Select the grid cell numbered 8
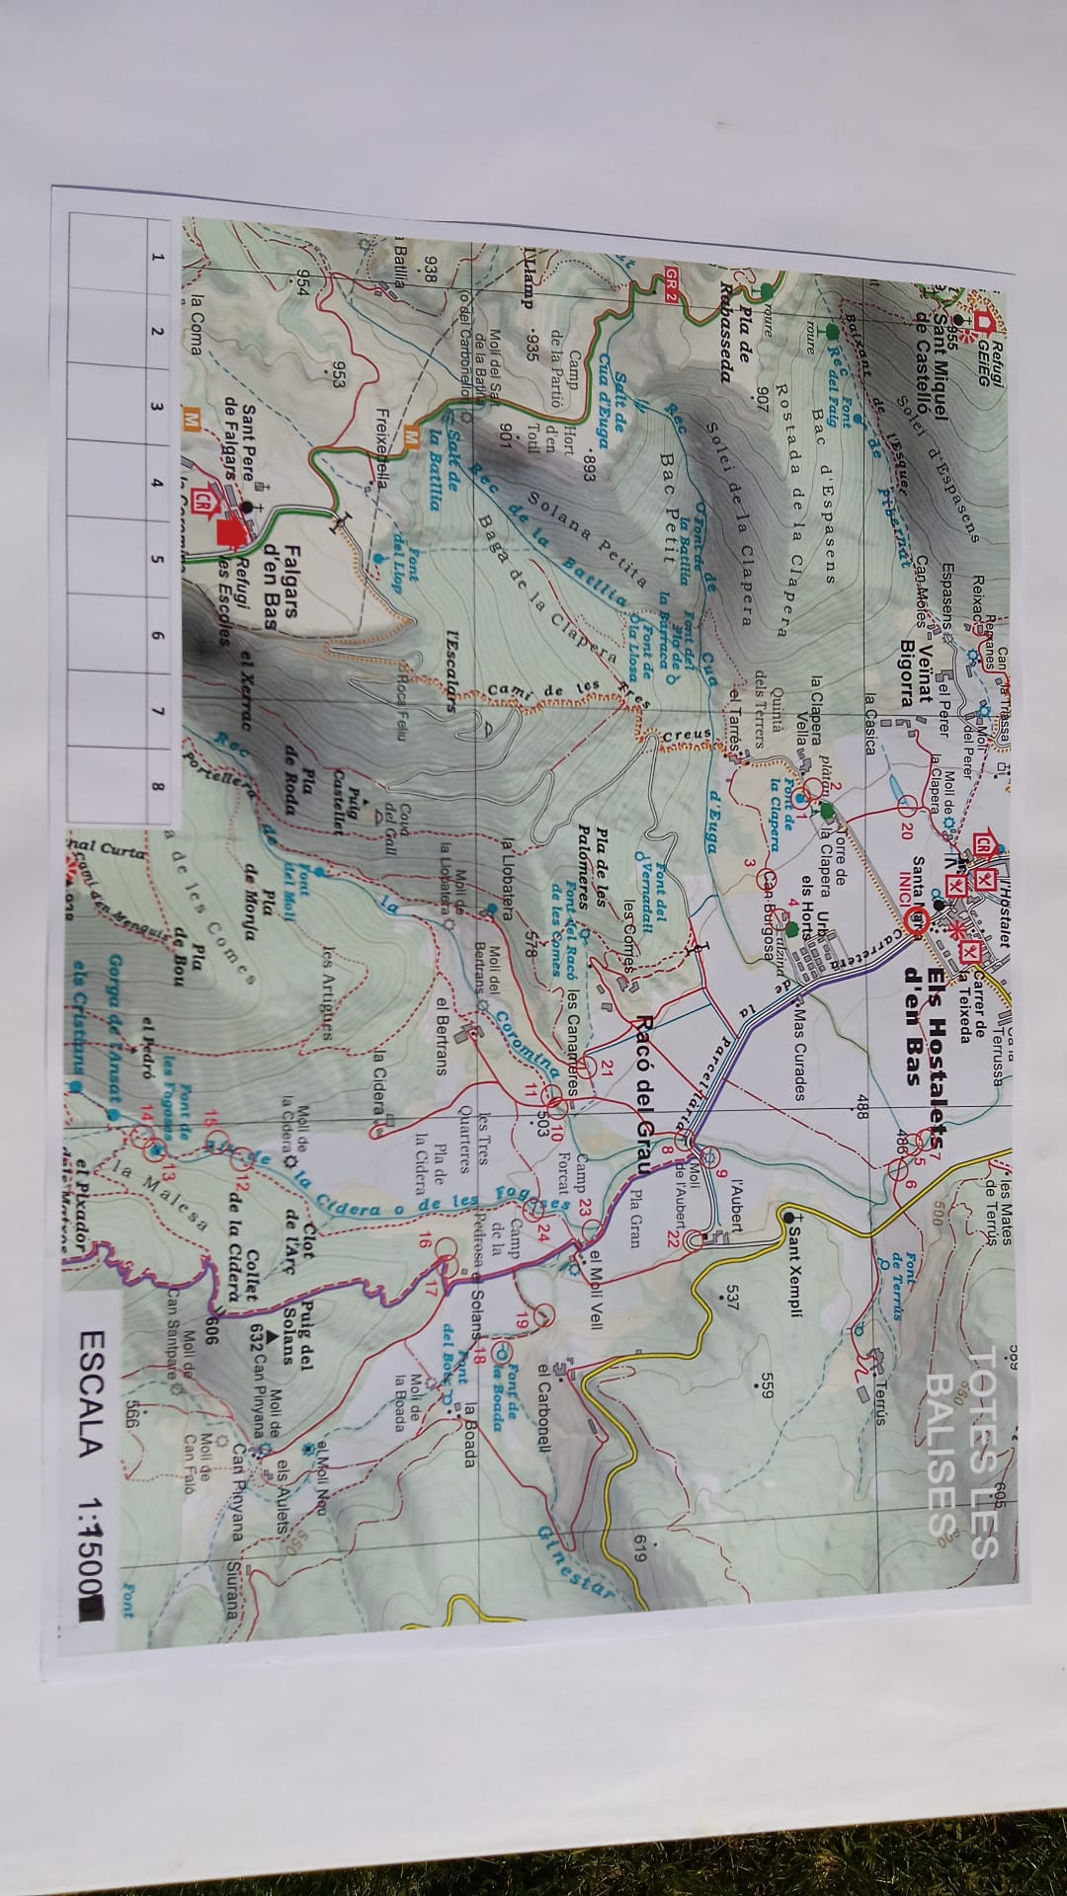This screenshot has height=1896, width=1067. [155, 760]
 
